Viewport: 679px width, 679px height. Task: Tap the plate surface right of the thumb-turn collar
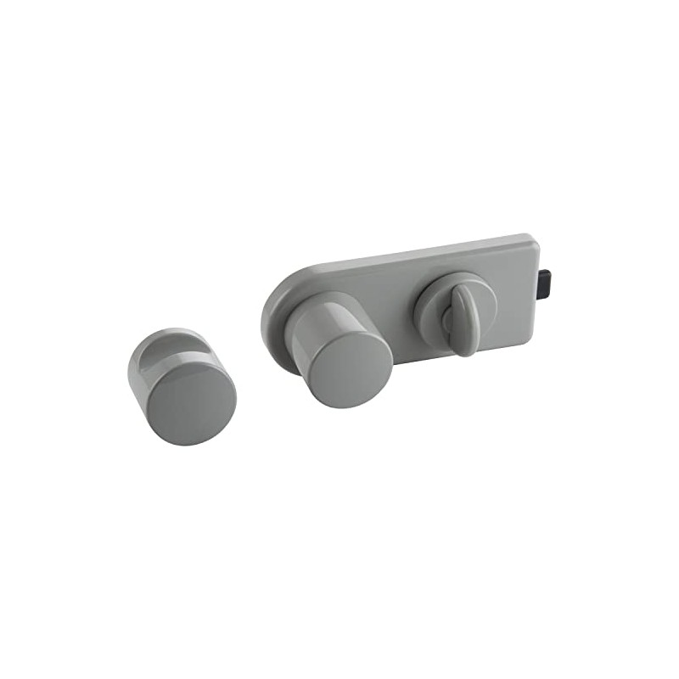[x=509, y=289]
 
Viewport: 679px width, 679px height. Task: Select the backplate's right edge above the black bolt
[x=538, y=255]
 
